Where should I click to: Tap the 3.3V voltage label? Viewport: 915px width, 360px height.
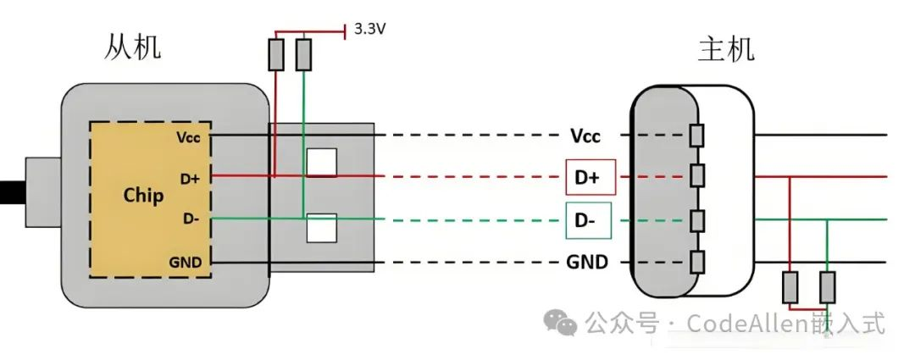pyautogui.click(x=371, y=30)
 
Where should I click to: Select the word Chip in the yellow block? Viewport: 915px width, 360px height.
pyautogui.click(x=144, y=194)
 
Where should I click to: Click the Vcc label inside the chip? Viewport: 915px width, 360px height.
pyautogui.click(x=190, y=136)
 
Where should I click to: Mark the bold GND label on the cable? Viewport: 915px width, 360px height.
pyautogui.click(x=587, y=262)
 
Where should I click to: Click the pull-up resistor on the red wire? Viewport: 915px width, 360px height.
pyautogui.click(x=275, y=55)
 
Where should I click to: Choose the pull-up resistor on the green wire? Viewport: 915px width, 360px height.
pyautogui.click(x=302, y=55)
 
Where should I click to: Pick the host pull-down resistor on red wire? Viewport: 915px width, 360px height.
pyautogui.click(x=790, y=286)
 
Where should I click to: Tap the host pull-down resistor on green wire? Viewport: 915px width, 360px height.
pyautogui.click(x=827, y=286)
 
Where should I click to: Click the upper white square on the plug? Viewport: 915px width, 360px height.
pyautogui.click(x=321, y=163)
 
